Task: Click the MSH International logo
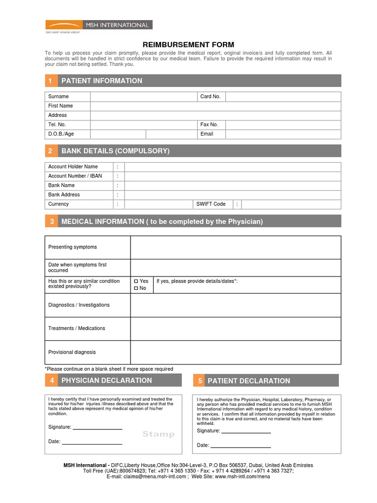[99, 25]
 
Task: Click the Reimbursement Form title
[188, 45]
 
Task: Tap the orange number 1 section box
[51, 81]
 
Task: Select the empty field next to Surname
[143, 96]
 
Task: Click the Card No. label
[210, 96]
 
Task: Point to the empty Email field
[283, 134]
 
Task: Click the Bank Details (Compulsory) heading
[115, 151]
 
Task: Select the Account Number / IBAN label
[75, 176]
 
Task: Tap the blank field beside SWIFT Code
[291, 204]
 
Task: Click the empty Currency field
[158, 204]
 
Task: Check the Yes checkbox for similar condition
[136, 281]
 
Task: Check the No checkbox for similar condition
[136, 288]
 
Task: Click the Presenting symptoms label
[73, 247]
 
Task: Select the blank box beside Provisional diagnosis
[235, 352]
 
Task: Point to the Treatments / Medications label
[77, 328]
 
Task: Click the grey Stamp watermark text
[158, 434]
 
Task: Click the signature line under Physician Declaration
[97, 428]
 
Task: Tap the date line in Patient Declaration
[241, 447]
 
